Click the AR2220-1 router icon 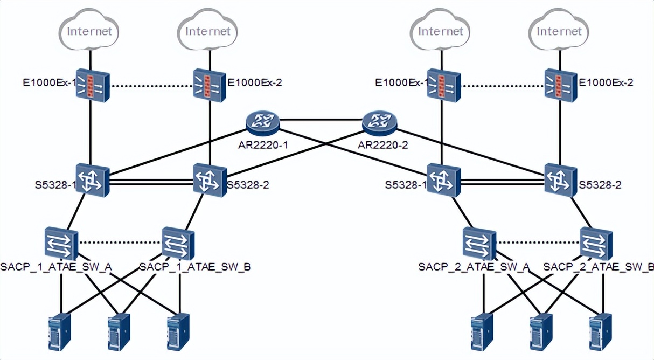263,122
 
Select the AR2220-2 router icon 379,122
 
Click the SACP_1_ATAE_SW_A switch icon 62,244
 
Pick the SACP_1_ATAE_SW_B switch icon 178,244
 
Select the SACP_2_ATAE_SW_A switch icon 479,244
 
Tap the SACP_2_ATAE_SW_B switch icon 596,244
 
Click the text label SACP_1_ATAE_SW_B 194,267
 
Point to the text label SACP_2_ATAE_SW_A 474,267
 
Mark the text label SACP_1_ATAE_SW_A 56,267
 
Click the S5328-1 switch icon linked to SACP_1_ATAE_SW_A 92,180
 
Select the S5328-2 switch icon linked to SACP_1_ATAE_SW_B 210,180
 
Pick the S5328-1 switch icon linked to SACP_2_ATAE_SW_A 444,180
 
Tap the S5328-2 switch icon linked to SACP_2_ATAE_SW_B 561,180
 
